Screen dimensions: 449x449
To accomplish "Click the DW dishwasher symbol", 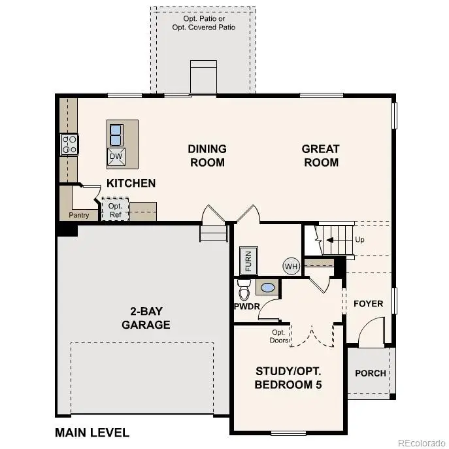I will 116,156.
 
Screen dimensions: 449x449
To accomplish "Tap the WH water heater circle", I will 290,266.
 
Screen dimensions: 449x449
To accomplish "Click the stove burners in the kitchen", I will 69,144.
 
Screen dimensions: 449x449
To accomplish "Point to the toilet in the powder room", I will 244,288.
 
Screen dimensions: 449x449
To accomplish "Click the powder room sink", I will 267,287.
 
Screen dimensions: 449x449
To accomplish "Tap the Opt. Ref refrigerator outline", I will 115,210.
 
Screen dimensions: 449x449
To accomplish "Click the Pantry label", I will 79,215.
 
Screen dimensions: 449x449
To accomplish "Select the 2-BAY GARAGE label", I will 146,318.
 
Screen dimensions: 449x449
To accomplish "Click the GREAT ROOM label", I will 320,156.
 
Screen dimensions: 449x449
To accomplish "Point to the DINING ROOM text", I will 207,156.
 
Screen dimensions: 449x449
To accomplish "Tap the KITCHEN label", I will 131,183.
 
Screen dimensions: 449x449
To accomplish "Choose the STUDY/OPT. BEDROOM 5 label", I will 288,378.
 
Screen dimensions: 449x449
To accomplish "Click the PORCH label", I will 370,373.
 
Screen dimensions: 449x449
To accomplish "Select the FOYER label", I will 368,304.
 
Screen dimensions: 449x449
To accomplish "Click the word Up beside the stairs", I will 359,240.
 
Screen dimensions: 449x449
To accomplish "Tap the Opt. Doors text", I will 278,336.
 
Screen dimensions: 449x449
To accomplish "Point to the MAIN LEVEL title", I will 92,433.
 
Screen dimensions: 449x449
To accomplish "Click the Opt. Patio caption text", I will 203,23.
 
